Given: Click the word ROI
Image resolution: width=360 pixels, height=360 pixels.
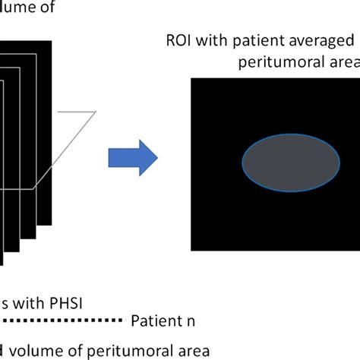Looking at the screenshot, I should tap(178, 40).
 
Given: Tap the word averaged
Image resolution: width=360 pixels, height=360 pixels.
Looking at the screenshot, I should tap(320, 40).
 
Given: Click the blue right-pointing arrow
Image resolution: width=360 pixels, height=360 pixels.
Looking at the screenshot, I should tap(132, 159).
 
